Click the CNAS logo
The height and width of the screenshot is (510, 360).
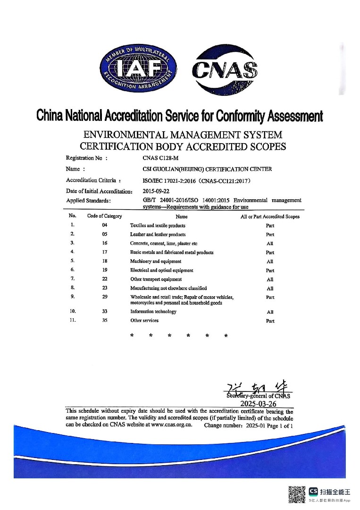click(x=225, y=70)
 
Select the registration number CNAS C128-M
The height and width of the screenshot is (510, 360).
click(x=158, y=158)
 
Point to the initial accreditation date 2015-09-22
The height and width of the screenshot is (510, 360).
click(x=156, y=191)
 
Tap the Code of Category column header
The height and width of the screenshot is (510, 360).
click(x=105, y=216)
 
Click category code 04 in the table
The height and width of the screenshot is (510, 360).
click(x=105, y=225)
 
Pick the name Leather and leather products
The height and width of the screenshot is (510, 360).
click(x=158, y=235)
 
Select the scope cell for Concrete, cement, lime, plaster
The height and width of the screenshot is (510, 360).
click(x=270, y=244)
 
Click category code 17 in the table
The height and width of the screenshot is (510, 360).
click(x=105, y=252)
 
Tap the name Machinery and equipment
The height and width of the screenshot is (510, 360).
click(x=156, y=262)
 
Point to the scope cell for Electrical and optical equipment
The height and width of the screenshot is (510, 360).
click(x=270, y=271)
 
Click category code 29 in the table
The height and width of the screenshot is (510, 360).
click(x=105, y=297)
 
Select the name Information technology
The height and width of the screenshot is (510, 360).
click(x=153, y=312)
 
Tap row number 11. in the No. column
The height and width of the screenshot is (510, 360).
click(x=73, y=321)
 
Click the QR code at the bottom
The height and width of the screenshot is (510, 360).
click(x=297, y=495)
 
